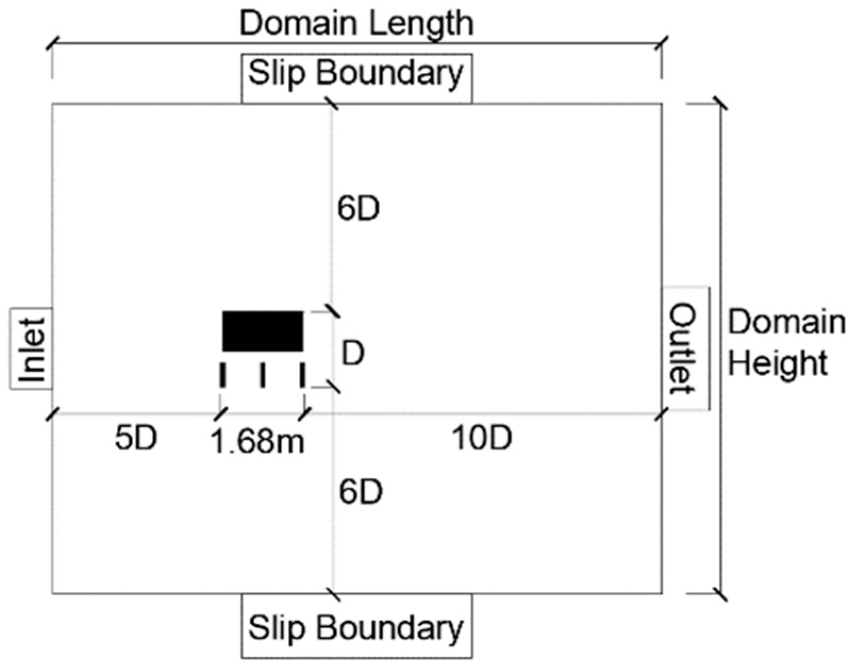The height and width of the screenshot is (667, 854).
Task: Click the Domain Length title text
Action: click(356, 24)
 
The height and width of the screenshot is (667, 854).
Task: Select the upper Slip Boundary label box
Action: click(356, 74)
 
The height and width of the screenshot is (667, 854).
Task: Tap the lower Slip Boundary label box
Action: click(356, 627)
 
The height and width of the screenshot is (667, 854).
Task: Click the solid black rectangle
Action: click(263, 331)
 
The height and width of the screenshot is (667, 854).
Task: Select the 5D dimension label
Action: click(136, 439)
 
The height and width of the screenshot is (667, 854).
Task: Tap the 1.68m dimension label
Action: click(258, 441)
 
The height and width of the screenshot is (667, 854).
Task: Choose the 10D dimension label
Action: click(482, 439)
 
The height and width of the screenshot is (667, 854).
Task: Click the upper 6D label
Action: click(359, 209)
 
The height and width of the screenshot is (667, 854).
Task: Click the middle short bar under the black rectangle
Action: click(263, 375)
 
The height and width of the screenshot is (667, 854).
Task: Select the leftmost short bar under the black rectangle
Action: click(223, 375)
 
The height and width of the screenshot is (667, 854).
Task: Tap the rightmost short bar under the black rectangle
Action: click(302, 375)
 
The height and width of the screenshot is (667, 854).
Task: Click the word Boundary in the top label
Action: click(391, 74)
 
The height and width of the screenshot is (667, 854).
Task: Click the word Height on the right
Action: click(778, 364)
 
